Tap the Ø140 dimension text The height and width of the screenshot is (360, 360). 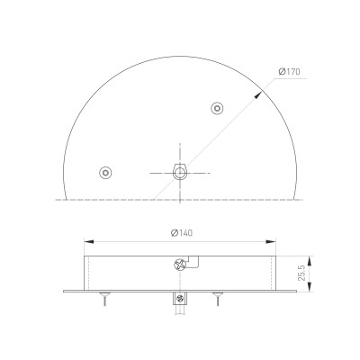[x=182, y=232]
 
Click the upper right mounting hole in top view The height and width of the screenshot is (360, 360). [x=216, y=109]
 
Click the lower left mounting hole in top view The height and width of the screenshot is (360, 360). [x=106, y=171]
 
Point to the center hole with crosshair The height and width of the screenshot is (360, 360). [x=180, y=171]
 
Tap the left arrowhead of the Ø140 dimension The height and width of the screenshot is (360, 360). [x=87, y=241]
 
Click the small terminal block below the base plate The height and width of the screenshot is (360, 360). [x=180, y=299]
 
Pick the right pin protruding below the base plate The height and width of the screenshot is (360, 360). [x=217, y=300]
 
